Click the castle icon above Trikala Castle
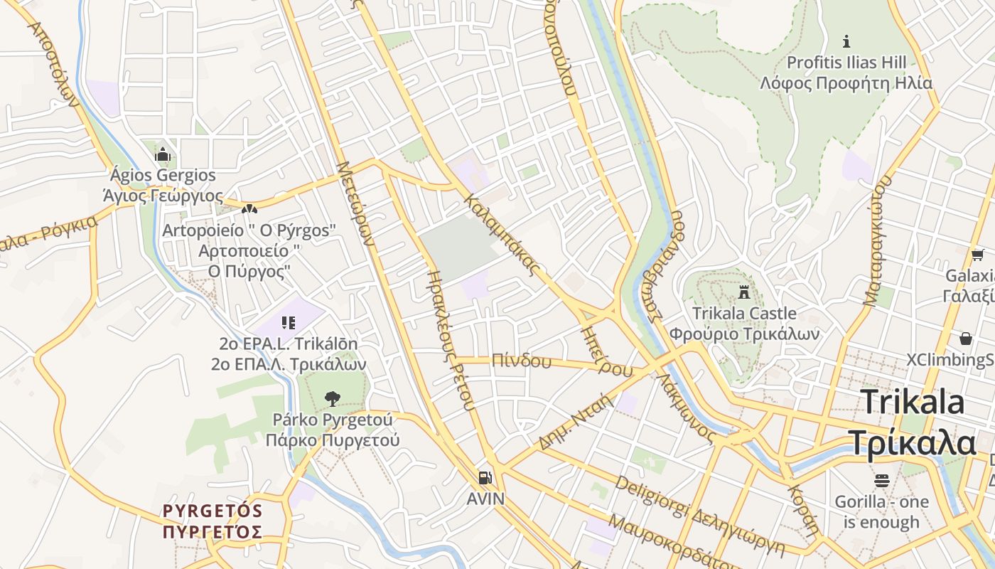[744, 292]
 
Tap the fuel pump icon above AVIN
[485, 478]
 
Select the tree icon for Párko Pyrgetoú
[332, 398]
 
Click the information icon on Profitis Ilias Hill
[846, 41]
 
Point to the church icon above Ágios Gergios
[163, 154]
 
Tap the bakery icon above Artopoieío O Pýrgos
[249, 209]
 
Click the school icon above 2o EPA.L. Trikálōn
[288, 323]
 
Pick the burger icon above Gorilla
[882, 481]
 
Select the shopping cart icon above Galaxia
[977, 255]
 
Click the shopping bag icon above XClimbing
[966, 339]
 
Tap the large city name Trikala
[913, 403]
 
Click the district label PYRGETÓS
[213, 511]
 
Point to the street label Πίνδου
[521, 361]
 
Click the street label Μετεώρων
[355, 203]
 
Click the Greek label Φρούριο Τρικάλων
[744, 334]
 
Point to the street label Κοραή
[804, 511]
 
